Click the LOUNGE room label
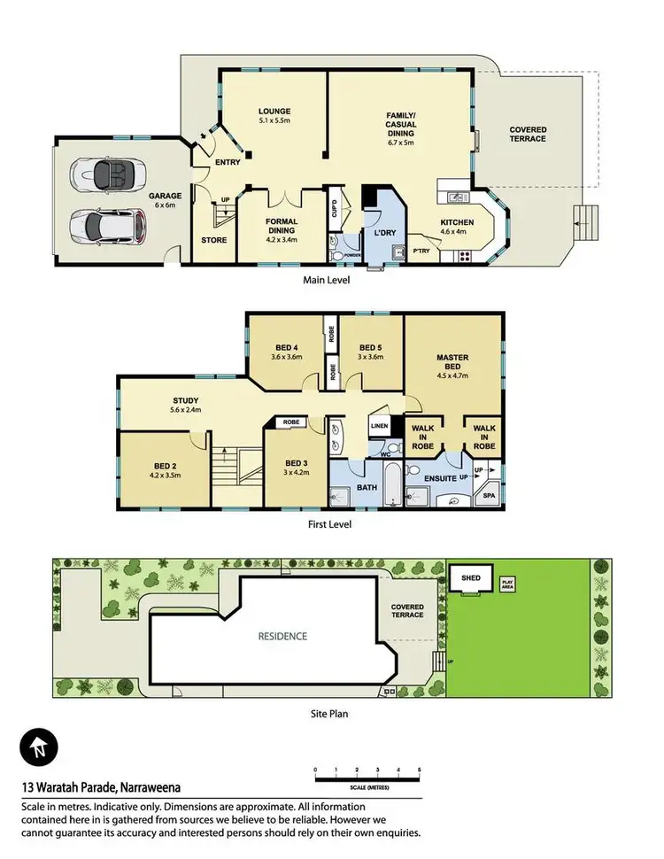click(x=274, y=111)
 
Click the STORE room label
click(x=213, y=240)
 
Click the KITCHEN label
click(x=457, y=222)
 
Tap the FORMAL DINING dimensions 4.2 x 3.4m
click(x=282, y=239)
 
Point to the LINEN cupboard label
click(x=378, y=426)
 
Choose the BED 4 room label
click(x=286, y=347)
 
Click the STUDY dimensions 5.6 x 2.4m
click(x=186, y=410)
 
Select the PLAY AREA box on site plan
click(x=508, y=585)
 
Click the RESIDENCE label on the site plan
click(x=282, y=636)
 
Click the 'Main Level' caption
click(x=327, y=281)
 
